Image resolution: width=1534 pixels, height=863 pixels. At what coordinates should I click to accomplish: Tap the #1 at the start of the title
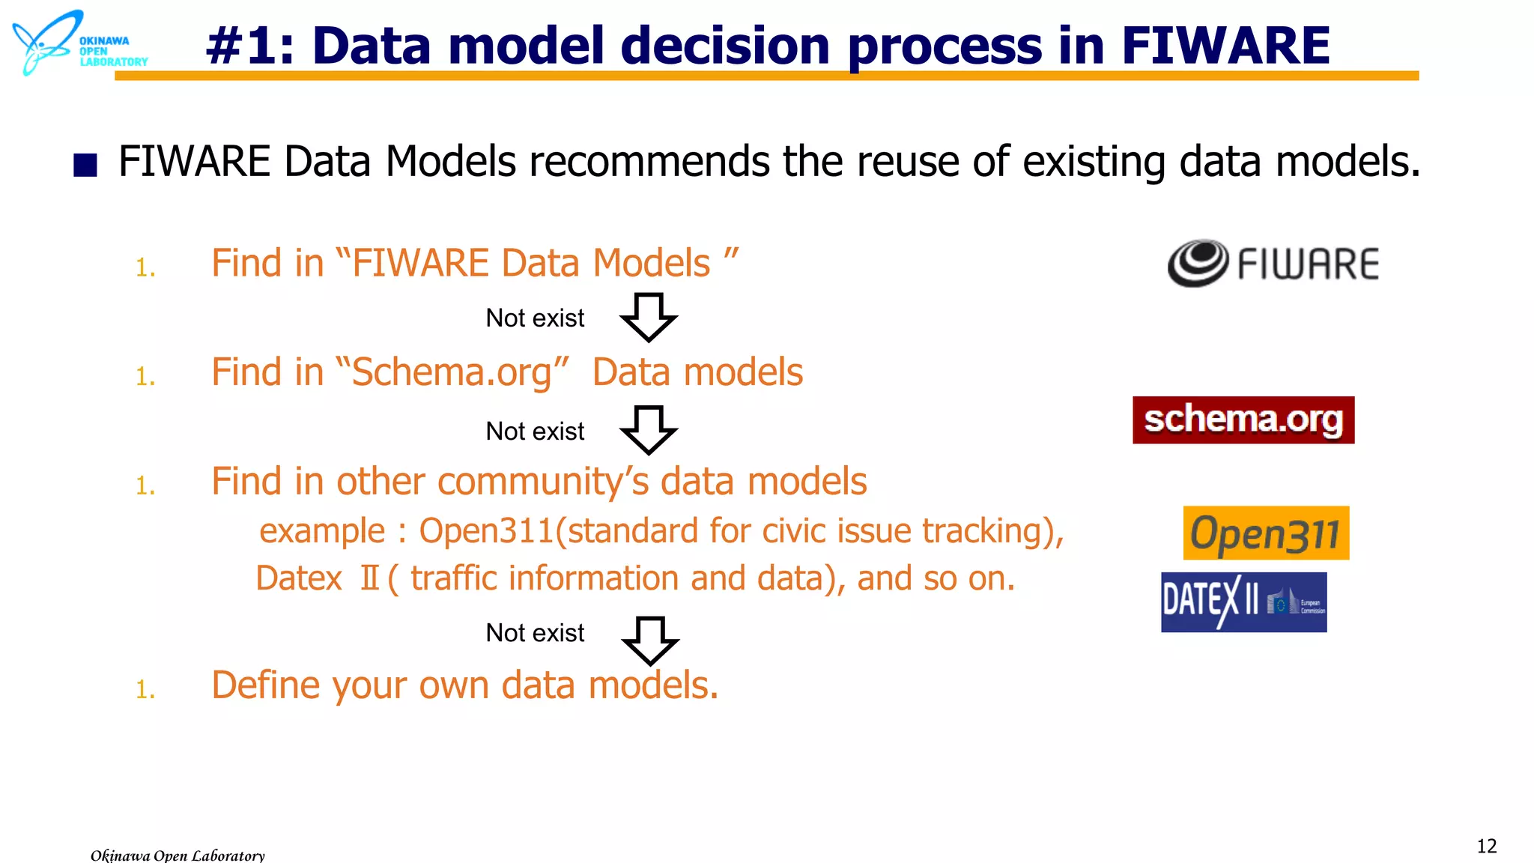[x=241, y=46]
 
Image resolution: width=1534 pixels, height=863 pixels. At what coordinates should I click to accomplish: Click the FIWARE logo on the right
[x=1273, y=264]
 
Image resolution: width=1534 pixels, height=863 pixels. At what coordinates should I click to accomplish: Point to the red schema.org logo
[x=1243, y=420]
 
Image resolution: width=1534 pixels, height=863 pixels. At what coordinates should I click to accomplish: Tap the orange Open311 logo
[x=1266, y=533]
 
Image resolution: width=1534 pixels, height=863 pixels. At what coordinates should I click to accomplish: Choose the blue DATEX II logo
[x=1243, y=602]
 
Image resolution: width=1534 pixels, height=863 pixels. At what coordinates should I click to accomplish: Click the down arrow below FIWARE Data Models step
[x=649, y=318]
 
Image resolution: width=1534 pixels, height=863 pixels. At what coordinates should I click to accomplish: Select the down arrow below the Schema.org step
[x=649, y=431]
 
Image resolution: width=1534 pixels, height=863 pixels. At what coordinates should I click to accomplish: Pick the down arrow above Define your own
[x=650, y=641]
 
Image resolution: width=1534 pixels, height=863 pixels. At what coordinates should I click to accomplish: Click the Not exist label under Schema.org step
[x=535, y=431]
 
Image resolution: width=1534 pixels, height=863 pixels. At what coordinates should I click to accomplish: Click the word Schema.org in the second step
[x=452, y=373]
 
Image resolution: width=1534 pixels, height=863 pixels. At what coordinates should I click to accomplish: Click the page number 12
[x=1486, y=847]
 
